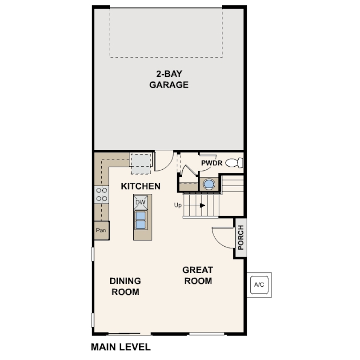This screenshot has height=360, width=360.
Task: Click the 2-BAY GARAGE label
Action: pos(169,80)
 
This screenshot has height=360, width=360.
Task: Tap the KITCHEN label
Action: pos(140,186)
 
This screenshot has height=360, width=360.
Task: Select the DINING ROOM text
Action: pos(125,286)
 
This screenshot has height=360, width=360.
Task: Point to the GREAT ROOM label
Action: pos(198,275)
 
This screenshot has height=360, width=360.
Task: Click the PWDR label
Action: pos(212,163)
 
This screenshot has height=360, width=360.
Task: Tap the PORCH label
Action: pos(240,237)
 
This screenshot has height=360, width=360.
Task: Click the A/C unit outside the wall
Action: pos(259,285)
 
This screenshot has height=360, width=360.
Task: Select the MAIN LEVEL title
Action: pos(121,347)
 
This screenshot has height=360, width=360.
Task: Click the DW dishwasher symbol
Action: pos(140,202)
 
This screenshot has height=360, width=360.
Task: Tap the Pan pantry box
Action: pos(102,230)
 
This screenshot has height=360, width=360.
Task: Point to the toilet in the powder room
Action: pos(234,163)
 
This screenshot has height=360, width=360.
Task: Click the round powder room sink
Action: pos(209,184)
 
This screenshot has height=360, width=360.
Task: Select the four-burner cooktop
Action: pos(102,195)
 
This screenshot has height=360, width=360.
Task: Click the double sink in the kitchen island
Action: pos(140,220)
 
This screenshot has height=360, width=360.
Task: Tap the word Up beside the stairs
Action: pos(178,205)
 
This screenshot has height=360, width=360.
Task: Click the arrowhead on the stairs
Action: pos(202,205)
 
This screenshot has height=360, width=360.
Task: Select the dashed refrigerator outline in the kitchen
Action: pos(141,164)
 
